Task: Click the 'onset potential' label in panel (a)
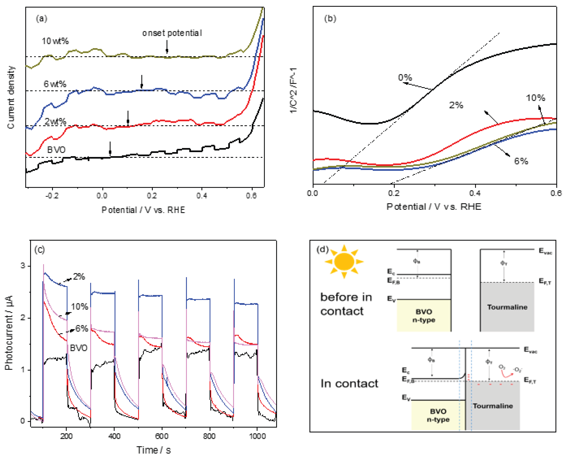point(172,33)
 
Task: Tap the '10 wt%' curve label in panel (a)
point(55,41)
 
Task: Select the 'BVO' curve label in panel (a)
point(56,150)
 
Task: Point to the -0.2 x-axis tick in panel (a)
point(52,196)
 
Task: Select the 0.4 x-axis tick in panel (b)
point(475,193)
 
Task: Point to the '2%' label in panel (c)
point(79,277)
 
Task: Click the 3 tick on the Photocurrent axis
point(23,266)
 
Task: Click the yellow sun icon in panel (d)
point(344,261)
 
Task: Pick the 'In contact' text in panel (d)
point(349,383)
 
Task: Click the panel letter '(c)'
point(40,250)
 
